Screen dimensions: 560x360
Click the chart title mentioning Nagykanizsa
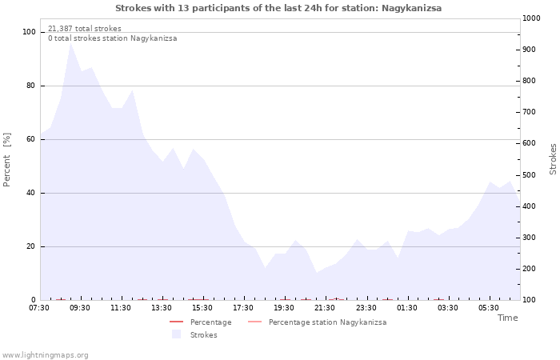(278, 8)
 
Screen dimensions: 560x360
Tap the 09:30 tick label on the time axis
(80, 307)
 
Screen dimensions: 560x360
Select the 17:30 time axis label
(243, 307)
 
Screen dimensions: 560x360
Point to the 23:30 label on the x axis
(366, 307)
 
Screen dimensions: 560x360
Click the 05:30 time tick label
(489, 307)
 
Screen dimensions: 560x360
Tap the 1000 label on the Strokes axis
(531, 18)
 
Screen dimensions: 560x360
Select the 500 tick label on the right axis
(530, 175)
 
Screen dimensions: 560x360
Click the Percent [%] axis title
(6, 160)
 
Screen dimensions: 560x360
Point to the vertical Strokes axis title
(553, 159)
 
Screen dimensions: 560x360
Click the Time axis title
(507, 318)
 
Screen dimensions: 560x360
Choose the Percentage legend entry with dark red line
(200, 322)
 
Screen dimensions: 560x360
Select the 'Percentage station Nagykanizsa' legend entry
(317, 322)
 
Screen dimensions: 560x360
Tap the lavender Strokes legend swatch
(176, 334)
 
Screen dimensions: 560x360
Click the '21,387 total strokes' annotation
(85, 29)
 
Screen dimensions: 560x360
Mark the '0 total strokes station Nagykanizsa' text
(113, 38)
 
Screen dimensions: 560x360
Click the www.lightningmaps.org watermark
(45, 355)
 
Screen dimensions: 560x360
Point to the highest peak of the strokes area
(70, 43)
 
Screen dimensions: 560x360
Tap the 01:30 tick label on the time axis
(406, 307)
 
